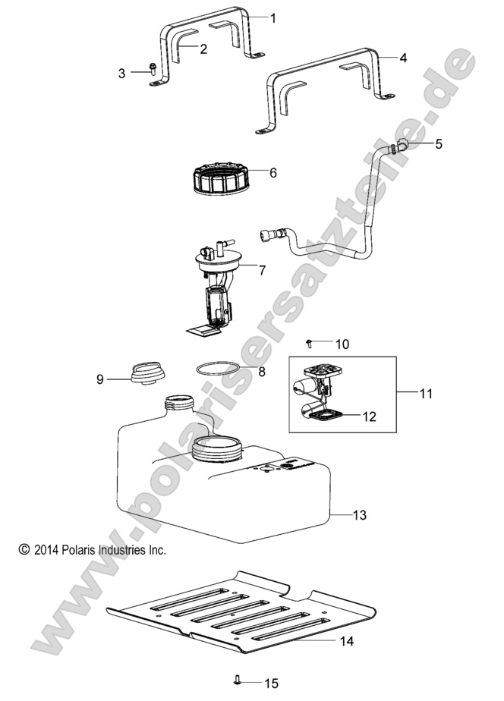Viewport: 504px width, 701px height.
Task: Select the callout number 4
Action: click(403, 58)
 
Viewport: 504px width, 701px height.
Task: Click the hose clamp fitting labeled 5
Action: click(398, 146)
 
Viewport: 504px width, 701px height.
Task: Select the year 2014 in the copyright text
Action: click(49, 549)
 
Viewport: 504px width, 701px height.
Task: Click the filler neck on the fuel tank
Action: click(178, 404)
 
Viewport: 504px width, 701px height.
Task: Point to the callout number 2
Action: click(203, 49)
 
